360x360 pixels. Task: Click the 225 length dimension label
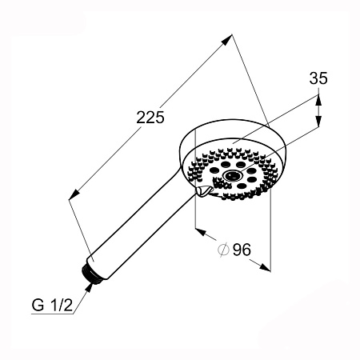pos(150,118)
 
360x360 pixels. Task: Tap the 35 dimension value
pos(318,78)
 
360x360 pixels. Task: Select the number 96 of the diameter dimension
pos(242,250)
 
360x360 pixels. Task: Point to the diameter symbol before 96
pos(223,250)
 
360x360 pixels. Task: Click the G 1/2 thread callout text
pos(52,305)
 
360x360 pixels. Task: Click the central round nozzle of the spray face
pos(232,175)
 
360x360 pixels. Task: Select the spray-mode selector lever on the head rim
pos(204,191)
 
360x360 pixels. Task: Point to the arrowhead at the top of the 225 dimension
pos(226,40)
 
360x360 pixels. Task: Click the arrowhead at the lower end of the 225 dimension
pos(74,194)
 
